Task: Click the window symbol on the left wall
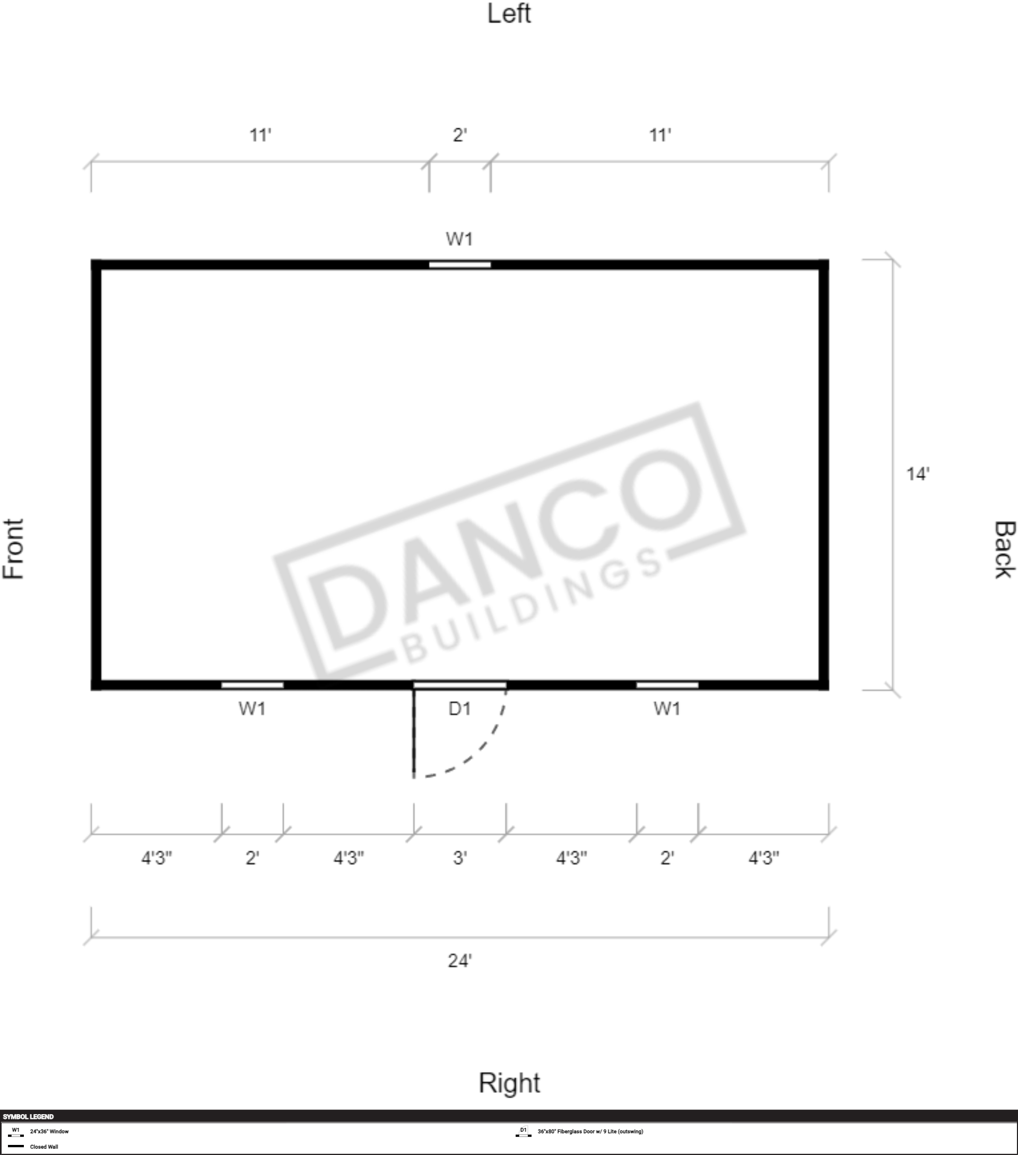point(459,264)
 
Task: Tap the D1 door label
point(459,709)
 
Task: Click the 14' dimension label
point(918,473)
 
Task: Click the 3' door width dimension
point(460,858)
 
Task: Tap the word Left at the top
point(509,14)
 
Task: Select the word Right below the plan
point(509,1083)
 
